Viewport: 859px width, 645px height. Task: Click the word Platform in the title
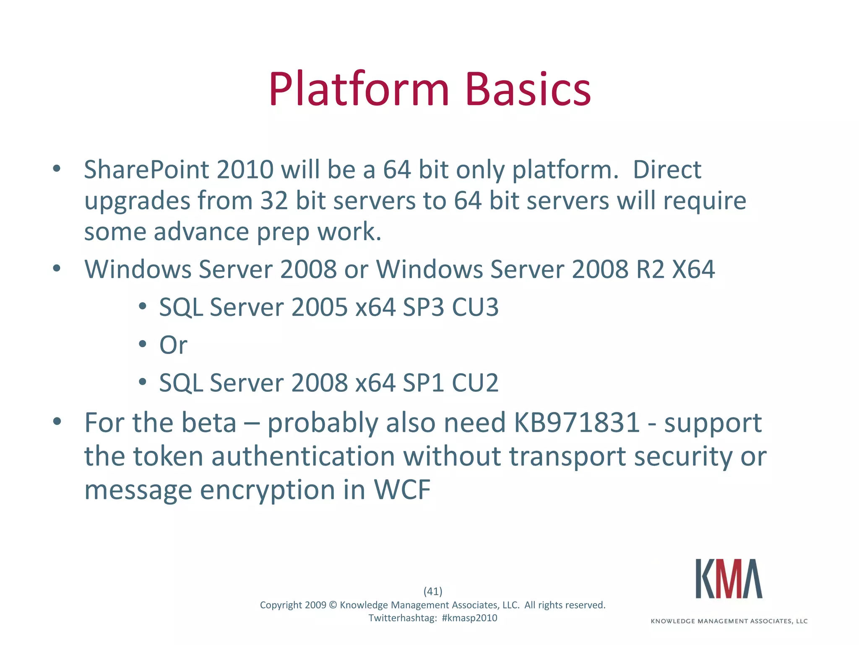pyautogui.click(x=359, y=89)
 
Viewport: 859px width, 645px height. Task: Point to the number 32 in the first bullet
pyautogui.click(x=274, y=200)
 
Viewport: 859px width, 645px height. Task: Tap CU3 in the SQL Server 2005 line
pyautogui.click(x=475, y=307)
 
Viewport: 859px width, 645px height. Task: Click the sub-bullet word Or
pyautogui.click(x=173, y=345)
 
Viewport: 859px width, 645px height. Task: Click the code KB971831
pyautogui.click(x=576, y=422)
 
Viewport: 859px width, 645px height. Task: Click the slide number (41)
pyautogui.click(x=433, y=591)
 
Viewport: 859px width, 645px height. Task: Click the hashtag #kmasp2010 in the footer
pyautogui.click(x=469, y=618)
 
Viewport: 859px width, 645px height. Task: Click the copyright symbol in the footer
pyautogui.click(x=333, y=605)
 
